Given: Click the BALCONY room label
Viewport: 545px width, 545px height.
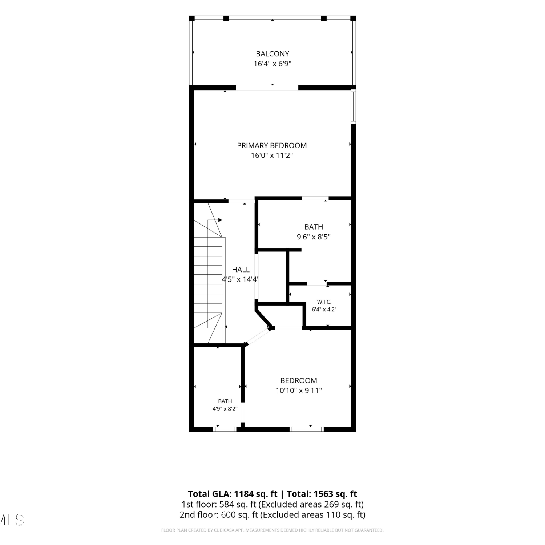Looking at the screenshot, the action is click(x=272, y=54).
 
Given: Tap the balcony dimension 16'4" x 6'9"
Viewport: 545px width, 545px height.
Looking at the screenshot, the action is click(x=272, y=64).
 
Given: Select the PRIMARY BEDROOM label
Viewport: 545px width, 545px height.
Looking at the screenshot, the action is click(x=272, y=145).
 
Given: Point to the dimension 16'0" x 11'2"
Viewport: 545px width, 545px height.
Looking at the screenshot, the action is click(x=272, y=156).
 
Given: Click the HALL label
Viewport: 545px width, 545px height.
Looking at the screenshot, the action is click(x=241, y=270).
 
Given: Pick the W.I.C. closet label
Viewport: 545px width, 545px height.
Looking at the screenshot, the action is click(x=324, y=302).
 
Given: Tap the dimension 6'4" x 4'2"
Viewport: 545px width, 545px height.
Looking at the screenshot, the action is click(x=324, y=310).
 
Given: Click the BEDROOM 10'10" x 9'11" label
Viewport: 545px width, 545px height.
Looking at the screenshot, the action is click(x=299, y=380).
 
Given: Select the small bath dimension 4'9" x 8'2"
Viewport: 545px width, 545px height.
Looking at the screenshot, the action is click(x=225, y=409).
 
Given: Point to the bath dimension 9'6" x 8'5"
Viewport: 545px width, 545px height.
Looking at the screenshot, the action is click(x=314, y=237).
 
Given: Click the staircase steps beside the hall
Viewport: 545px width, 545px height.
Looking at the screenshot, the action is click(x=208, y=272).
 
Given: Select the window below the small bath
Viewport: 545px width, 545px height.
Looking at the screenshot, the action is click(x=225, y=429).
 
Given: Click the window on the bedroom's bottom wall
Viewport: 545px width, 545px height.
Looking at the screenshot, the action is click(x=307, y=429).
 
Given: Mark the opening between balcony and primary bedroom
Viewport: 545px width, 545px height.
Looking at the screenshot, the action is click(x=267, y=88).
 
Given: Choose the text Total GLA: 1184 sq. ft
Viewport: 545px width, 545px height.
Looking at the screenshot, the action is click(x=233, y=494).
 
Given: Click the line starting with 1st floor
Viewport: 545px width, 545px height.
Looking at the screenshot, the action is click(x=272, y=504).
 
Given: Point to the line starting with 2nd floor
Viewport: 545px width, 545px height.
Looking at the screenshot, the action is click(x=272, y=515).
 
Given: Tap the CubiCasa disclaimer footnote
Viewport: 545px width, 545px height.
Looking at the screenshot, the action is click(x=272, y=530).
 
